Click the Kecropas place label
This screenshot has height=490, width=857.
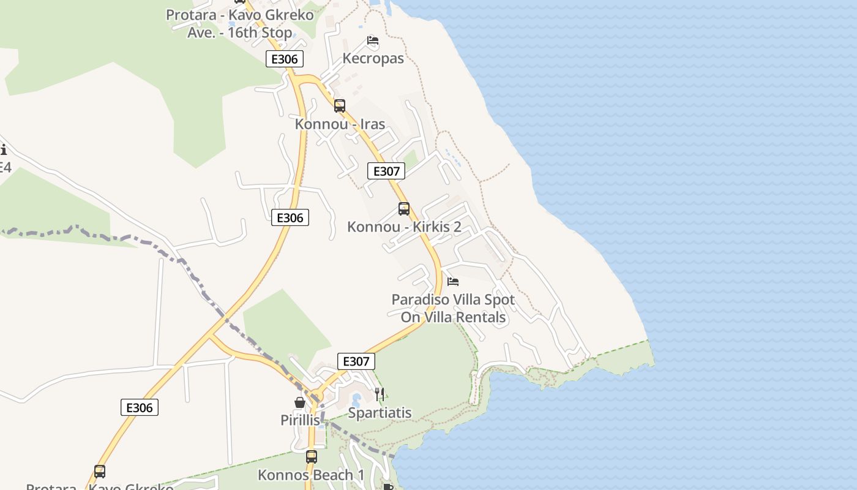click(373, 59)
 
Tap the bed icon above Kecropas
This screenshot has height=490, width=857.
click(373, 41)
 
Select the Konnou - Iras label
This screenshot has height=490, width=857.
click(340, 124)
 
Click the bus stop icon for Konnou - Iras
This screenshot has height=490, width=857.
click(340, 106)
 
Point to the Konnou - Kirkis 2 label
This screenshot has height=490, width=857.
click(404, 227)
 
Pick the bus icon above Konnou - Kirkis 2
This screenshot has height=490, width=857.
click(404, 209)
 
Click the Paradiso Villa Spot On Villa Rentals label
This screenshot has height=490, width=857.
click(453, 309)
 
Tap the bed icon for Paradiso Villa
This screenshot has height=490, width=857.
click(453, 282)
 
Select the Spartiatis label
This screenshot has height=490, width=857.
click(380, 413)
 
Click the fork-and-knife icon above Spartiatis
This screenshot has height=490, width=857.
click(380, 394)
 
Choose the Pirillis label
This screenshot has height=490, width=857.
click(300, 420)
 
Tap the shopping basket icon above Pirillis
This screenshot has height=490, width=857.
click(300, 402)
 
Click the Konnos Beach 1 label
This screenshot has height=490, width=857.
click(311, 475)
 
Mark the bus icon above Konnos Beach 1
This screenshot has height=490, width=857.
click(312, 457)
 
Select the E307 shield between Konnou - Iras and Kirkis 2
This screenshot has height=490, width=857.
click(386, 171)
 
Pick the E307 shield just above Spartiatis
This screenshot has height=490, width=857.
click(356, 361)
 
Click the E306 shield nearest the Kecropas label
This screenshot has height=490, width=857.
click(285, 59)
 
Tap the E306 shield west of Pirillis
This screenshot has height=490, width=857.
click(140, 407)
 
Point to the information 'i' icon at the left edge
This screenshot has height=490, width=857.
click(3, 149)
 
